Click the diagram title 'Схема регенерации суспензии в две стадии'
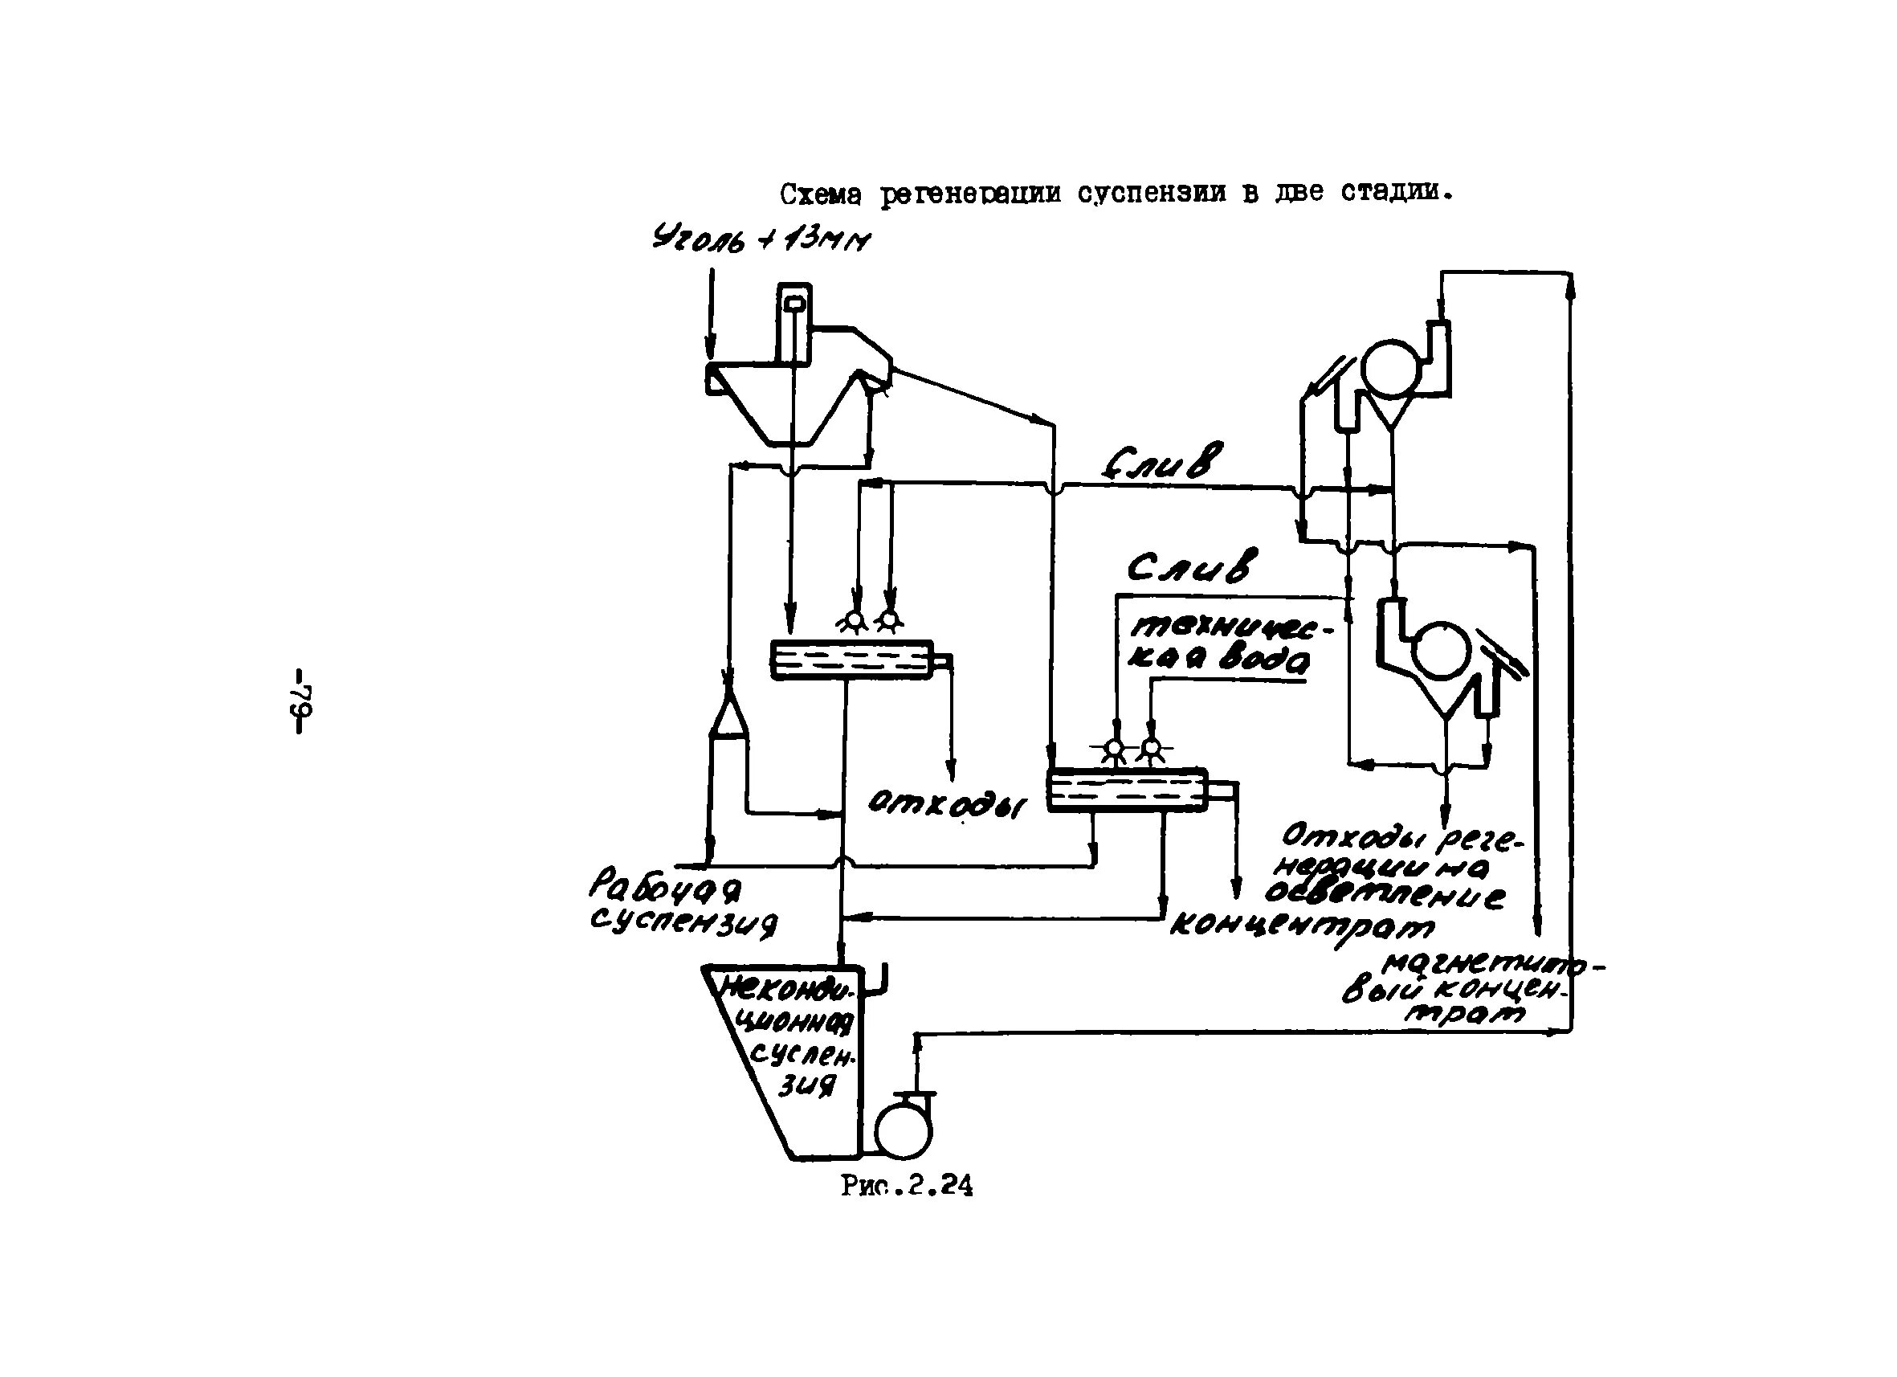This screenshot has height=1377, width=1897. [1116, 194]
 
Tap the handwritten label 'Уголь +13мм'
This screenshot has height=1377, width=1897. [761, 240]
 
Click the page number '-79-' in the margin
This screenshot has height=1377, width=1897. [301, 701]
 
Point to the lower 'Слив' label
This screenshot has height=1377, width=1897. [1193, 567]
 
